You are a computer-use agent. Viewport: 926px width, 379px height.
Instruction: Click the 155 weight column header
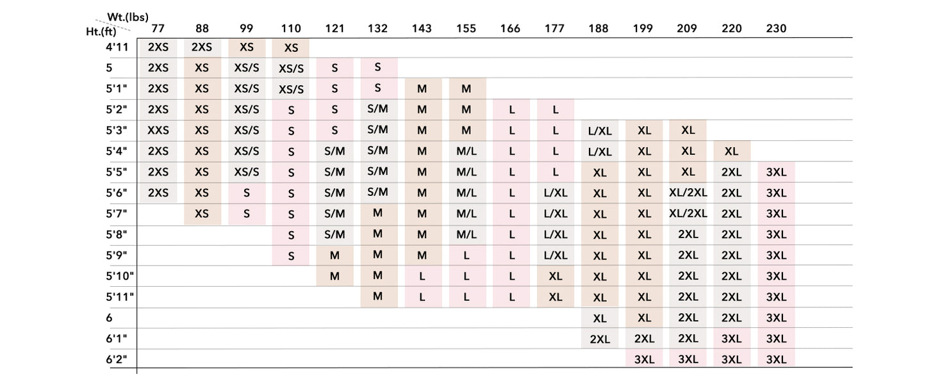466,28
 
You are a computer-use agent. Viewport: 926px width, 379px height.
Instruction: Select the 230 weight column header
776,28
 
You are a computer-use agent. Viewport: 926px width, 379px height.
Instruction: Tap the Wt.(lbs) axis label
128,17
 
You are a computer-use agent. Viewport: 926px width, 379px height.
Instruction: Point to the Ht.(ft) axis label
101,31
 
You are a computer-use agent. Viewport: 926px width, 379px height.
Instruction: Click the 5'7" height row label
116,214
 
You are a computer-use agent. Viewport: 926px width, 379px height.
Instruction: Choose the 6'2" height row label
116,359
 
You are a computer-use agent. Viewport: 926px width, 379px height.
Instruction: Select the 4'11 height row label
117,47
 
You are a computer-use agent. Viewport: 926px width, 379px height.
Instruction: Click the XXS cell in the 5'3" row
158,131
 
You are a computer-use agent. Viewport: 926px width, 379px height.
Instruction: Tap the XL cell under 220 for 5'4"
731,152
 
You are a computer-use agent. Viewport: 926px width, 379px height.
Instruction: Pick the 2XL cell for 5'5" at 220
731,172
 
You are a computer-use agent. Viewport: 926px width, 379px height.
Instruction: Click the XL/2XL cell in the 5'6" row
688,193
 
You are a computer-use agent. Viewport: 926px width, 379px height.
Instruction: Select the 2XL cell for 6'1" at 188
599,339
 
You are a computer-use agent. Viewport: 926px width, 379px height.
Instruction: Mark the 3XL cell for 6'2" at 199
644,360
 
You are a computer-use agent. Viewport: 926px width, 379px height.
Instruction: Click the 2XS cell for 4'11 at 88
202,47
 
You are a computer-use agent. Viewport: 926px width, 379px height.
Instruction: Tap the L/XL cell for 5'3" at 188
599,131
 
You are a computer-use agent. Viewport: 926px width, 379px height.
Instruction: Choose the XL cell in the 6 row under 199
644,318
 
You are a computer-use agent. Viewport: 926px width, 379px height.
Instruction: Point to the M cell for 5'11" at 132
377,296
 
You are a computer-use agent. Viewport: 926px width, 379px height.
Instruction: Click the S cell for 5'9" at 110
291,256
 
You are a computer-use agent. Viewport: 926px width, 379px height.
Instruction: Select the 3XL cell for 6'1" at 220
731,339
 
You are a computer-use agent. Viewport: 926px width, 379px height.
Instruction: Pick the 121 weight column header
335,28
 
